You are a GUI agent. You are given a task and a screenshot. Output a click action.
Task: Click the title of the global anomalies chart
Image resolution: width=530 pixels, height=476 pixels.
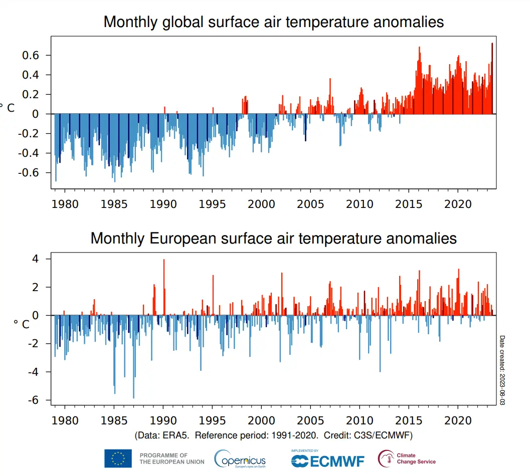click(273, 22)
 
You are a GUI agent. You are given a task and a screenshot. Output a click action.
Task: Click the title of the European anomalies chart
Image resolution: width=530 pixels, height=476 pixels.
click(273, 238)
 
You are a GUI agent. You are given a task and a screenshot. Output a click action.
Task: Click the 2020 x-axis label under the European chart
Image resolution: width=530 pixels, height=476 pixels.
click(457, 420)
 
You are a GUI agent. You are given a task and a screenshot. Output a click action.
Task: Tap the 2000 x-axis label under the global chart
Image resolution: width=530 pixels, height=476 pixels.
click(261, 204)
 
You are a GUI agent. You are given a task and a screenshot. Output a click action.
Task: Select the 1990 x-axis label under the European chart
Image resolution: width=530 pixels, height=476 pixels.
click(163, 420)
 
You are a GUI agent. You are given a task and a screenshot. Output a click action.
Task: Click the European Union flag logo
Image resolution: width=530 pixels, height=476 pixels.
click(118, 458)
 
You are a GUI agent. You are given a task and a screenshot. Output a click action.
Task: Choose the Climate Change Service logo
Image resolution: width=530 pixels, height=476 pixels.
click(407, 458)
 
